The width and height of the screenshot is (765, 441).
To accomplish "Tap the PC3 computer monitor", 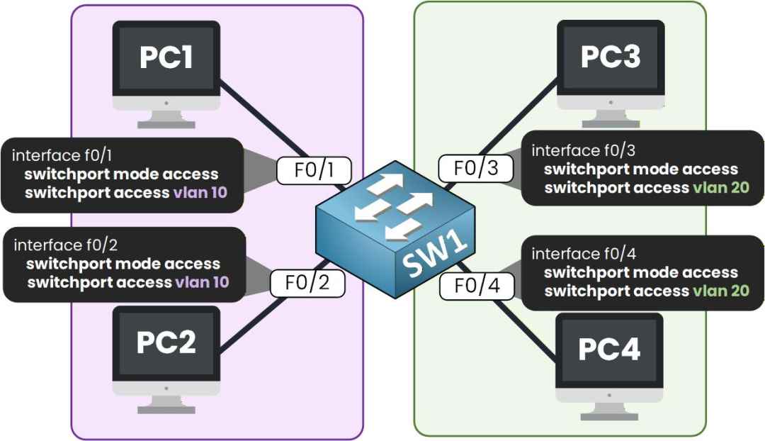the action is coord(611,74).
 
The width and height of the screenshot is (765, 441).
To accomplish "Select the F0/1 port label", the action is coord(314,170).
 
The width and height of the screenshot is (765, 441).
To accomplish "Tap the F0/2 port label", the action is coord(307,283).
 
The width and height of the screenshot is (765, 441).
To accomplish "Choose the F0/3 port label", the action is coord(476,168).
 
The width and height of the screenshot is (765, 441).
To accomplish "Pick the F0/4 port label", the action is coord(477,286).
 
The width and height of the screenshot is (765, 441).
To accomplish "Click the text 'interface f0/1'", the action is coord(62,155).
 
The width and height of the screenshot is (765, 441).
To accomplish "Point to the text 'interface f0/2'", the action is coord(65,245).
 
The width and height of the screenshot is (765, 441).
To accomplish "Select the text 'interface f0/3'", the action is coord(584,150).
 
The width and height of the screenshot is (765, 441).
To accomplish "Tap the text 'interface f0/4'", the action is coord(584,253).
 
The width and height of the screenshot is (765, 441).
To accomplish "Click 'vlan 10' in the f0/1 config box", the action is coord(200,192).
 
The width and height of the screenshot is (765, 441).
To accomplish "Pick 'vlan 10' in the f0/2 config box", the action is coord(202,281).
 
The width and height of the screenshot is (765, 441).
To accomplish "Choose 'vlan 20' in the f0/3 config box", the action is coord(721,188).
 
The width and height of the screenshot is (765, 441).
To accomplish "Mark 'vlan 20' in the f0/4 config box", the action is coord(721,291).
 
